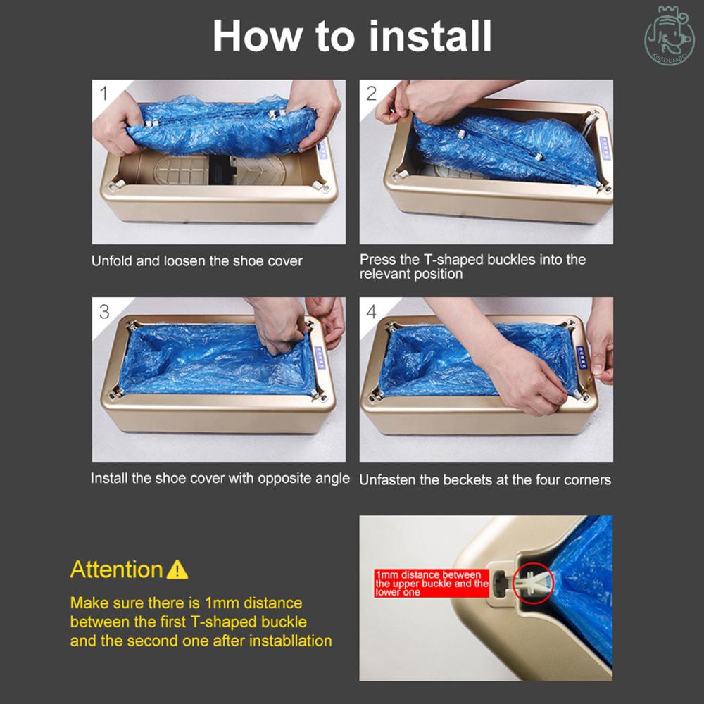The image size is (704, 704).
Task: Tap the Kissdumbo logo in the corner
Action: tap(670, 35)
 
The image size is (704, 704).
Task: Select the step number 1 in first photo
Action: tap(104, 94)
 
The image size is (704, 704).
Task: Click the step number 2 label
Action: tap(372, 94)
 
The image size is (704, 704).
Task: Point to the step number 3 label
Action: tap(104, 312)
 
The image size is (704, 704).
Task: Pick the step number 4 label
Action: tap(372, 312)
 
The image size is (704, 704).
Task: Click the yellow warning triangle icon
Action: tap(177, 570)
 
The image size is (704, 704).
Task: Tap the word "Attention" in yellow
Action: tap(116, 570)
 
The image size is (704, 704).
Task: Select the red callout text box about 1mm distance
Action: tap(432, 584)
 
